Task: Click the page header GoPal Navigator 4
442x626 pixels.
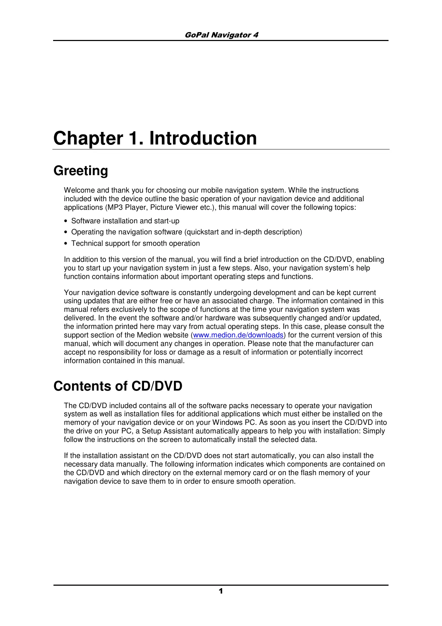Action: point(221,35)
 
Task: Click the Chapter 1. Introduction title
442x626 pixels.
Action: point(155,138)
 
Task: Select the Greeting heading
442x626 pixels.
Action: point(81,171)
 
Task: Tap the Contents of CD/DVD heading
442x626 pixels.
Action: point(118,386)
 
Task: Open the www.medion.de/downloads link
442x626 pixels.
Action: point(238,335)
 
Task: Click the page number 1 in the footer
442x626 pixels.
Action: point(221,591)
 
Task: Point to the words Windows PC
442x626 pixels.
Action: point(235,423)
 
